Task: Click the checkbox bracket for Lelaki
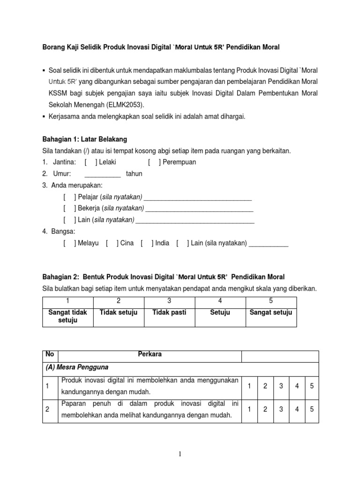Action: pos(90,162)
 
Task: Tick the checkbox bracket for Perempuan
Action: pos(153,162)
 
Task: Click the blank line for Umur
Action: pos(102,174)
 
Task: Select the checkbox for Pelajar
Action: pos(69,197)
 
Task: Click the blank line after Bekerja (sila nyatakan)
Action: pos(199,208)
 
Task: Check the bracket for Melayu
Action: pos(69,243)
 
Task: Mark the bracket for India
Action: pos(146,243)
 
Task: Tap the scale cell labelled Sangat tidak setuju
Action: pos(67,316)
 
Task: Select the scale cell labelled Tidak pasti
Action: pos(169,313)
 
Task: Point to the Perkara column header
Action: pos(150,354)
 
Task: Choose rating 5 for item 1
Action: pos(311,386)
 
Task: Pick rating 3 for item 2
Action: pos(281,409)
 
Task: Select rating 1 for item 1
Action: pos(250,386)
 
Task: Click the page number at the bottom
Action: pos(180,454)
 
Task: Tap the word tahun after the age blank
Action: pos(134,174)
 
